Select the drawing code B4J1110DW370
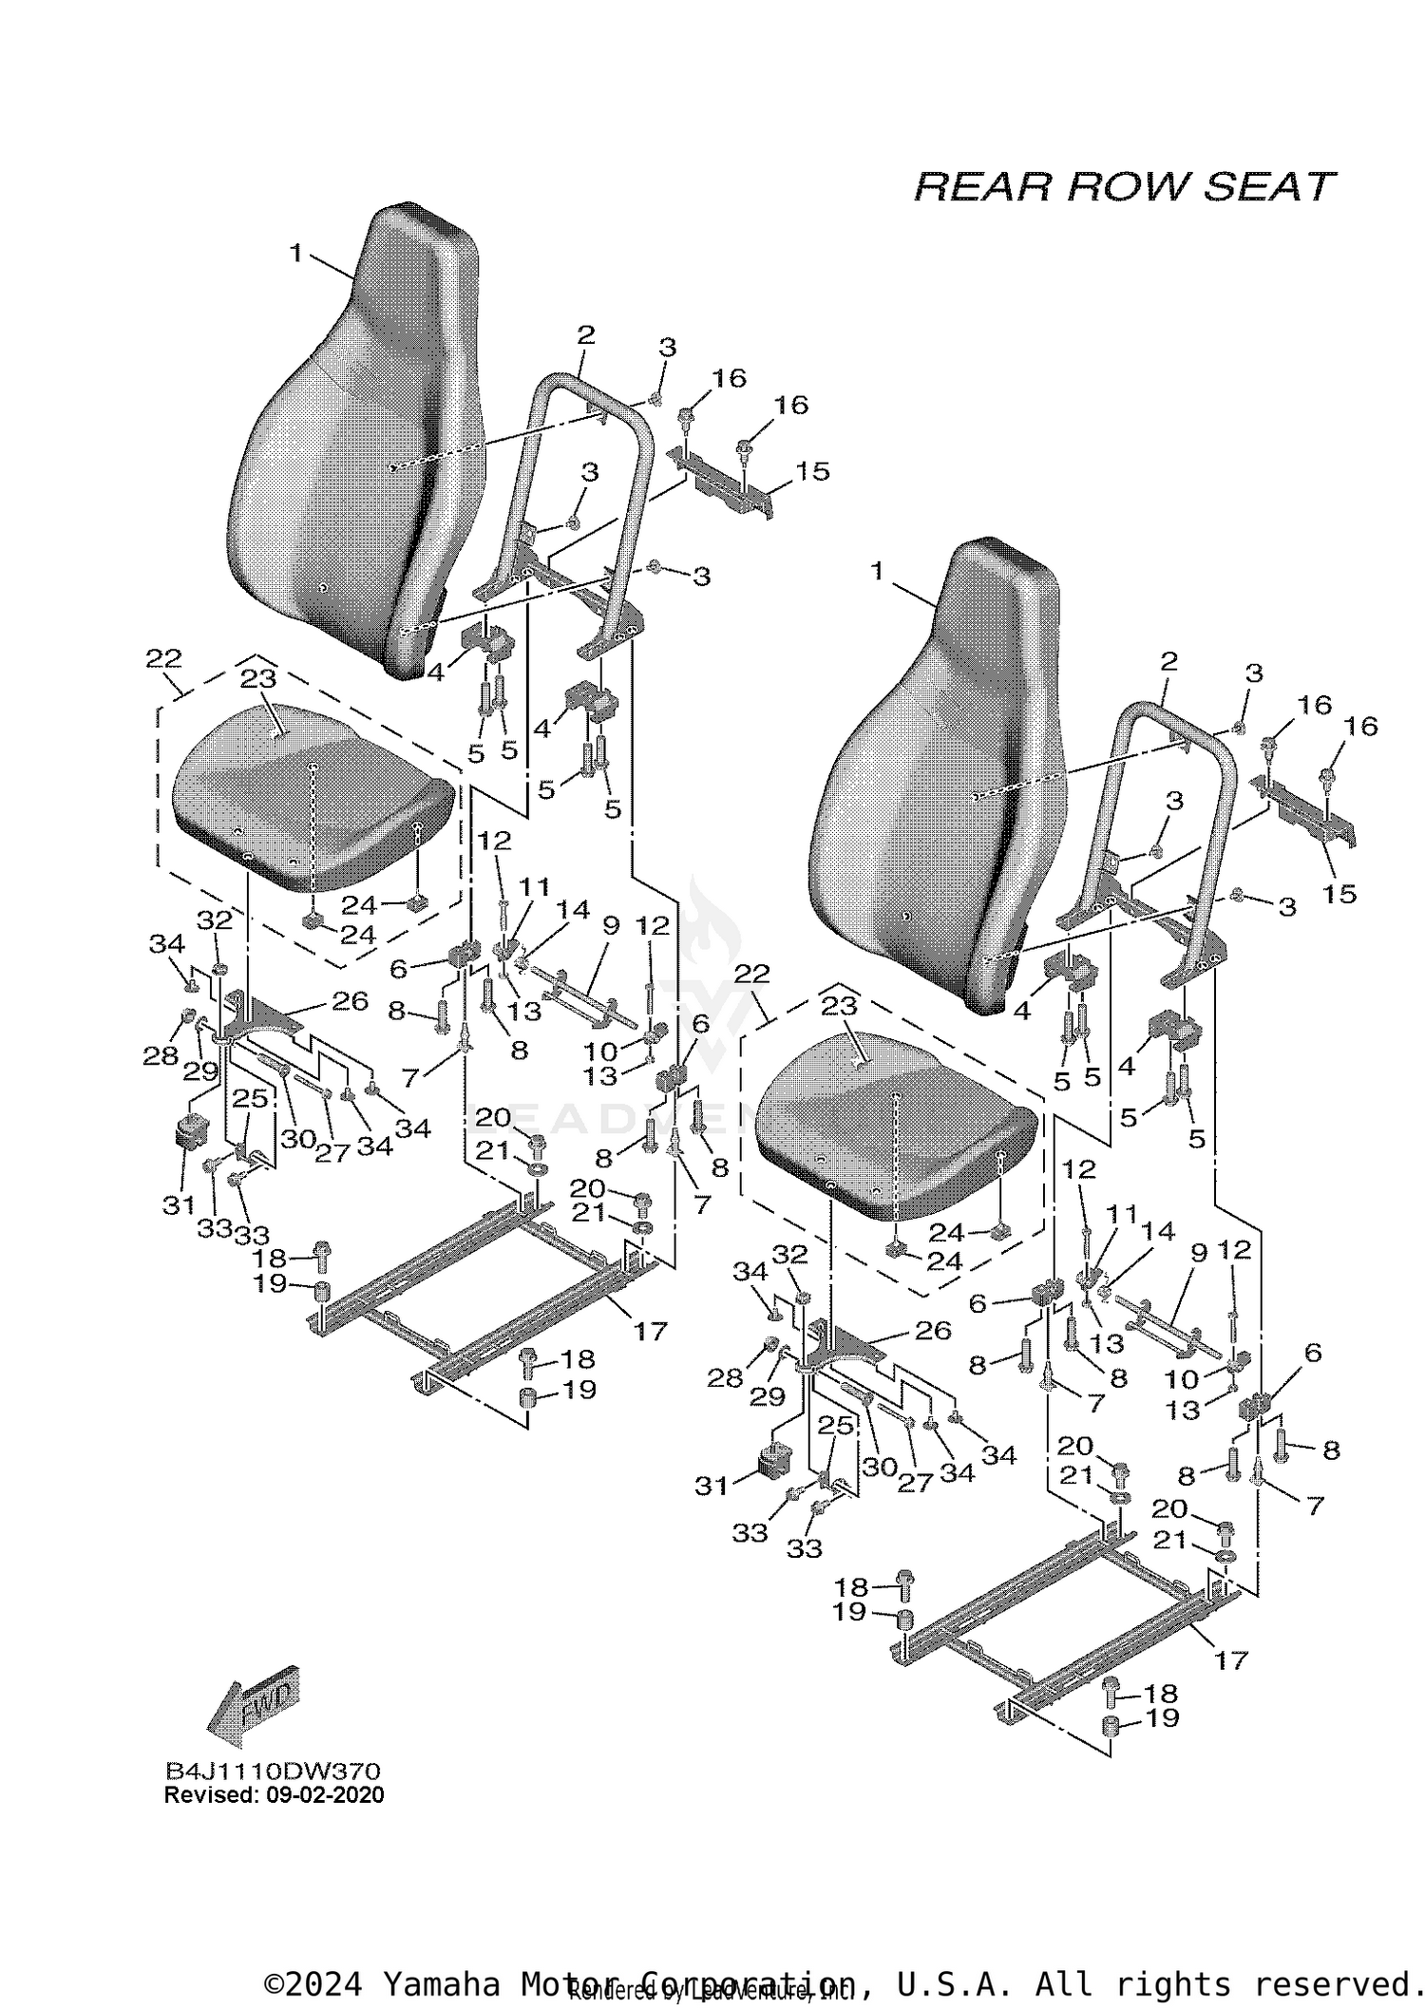coord(273,1772)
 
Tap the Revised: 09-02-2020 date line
coord(274,1794)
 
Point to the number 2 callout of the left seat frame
coord(585,334)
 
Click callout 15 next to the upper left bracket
coord(812,471)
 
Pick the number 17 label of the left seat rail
coord(651,1332)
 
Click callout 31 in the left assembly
coord(179,1204)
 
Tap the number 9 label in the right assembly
coord(1198,1254)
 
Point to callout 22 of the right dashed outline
coord(750,974)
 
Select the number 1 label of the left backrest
coord(296,253)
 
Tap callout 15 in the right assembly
coord(1339,894)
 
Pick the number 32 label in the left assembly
coord(215,919)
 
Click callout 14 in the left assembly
coord(573,909)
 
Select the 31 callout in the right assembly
coord(712,1486)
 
